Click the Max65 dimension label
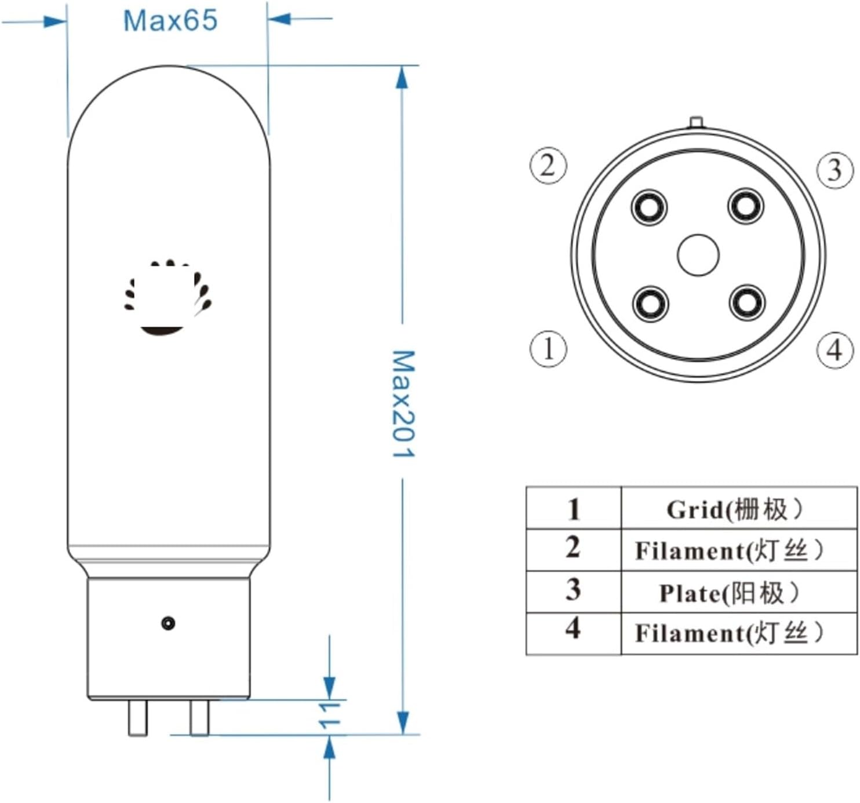(x=170, y=21)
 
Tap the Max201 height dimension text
(x=403, y=403)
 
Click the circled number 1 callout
(x=548, y=349)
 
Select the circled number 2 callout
(x=548, y=166)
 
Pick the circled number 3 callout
(x=835, y=170)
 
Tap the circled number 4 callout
(x=835, y=350)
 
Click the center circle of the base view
(x=698, y=255)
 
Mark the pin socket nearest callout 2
(x=650, y=207)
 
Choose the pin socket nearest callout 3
(x=745, y=206)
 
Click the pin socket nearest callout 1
(x=650, y=304)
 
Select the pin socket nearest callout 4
(x=747, y=302)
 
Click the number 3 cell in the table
(x=573, y=590)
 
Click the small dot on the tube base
(x=168, y=623)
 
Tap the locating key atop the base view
(x=696, y=122)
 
